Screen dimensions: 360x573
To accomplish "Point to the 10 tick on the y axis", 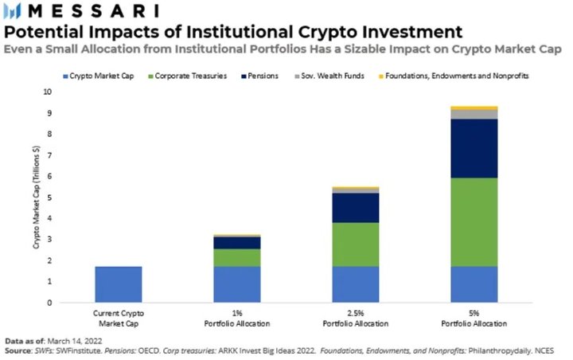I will (48, 92).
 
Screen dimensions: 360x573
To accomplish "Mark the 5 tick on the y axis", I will (49, 197).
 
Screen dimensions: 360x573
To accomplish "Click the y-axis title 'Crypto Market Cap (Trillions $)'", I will (36, 196).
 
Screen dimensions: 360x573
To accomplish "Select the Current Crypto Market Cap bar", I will (118, 284).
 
